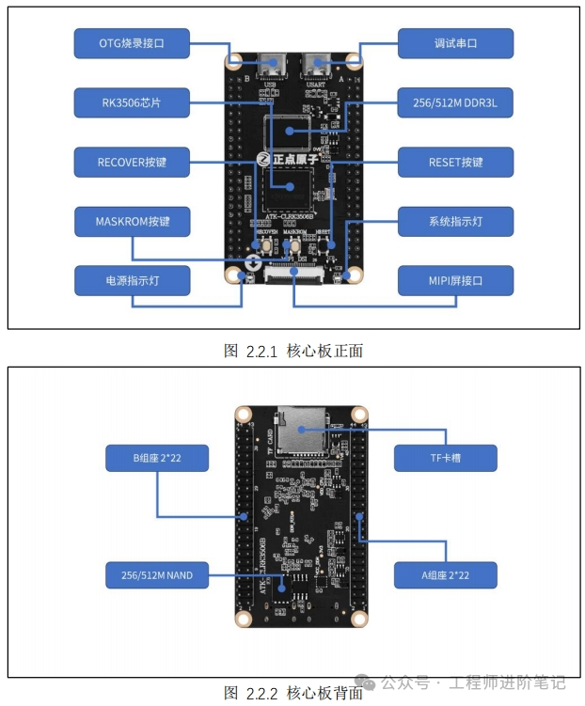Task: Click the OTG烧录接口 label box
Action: (x=132, y=43)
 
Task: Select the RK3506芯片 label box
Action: (x=132, y=102)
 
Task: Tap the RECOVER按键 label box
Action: (x=132, y=162)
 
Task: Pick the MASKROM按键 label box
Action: (x=132, y=222)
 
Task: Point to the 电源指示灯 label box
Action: (x=132, y=280)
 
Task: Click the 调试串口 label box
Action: (x=455, y=43)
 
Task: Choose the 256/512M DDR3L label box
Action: (x=455, y=102)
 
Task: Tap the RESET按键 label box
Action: (x=455, y=162)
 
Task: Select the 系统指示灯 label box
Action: (x=455, y=222)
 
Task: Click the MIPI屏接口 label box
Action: (x=455, y=280)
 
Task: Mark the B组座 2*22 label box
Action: (x=157, y=459)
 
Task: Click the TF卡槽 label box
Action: (x=444, y=459)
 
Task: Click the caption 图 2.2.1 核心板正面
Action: (x=293, y=351)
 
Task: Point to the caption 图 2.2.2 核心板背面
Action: (x=293, y=693)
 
